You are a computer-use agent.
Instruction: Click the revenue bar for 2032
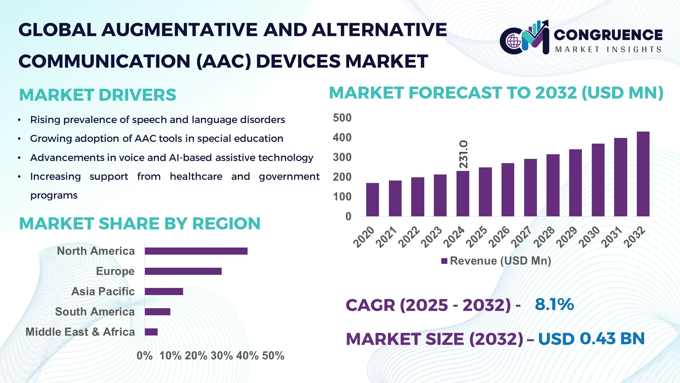tap(643, 174)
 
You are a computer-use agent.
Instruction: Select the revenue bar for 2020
tap(372, 200)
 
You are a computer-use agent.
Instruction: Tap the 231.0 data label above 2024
tap(463, 154)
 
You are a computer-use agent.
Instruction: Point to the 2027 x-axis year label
tap(521, 237)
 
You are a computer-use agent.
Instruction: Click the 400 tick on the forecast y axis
tap(342, 138)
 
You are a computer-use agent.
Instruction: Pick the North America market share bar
tap(196, 251)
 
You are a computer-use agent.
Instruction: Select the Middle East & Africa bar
tap(151, 332)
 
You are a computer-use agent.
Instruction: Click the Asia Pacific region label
tap(103, 292)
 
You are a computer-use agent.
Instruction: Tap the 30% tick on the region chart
tap(221, 356)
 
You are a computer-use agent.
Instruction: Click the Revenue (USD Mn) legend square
tap(444, 261)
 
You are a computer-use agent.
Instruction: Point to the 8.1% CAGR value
tap(554, 304)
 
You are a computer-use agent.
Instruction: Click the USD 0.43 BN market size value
tap(591, 339)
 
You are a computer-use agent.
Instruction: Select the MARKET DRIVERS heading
tap(97, 95)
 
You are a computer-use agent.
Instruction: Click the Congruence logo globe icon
tap(514, 41)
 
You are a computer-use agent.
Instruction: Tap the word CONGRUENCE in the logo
tap(608, 35)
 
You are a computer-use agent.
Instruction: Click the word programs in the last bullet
tap(54, 195)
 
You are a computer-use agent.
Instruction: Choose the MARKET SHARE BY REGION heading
tap(140, 224)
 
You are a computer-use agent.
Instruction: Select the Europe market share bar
tap(183, 271)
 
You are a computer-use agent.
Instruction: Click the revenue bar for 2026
tap(508, 190)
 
